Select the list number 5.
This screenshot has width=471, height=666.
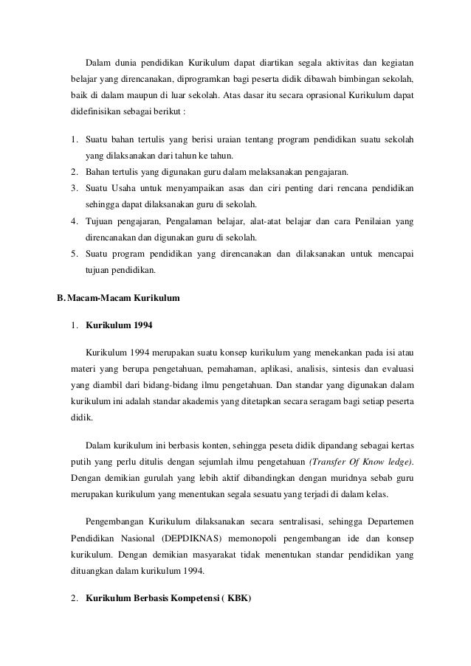point(75,254)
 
